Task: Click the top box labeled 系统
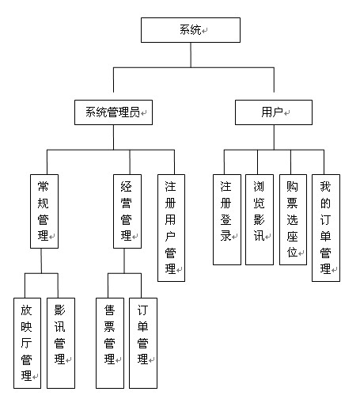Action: click(x=191, y=30)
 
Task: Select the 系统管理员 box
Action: click(x=113, y=112)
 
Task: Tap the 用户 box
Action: click(x=274, y=112)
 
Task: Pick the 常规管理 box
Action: click(x=44, y=211)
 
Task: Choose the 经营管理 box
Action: click(x=127, y=211)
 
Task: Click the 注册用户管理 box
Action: click(x=171, y=228)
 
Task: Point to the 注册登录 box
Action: click(x=227, y=219)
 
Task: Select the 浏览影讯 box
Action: click(x=260, y=219)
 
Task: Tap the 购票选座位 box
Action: click(x=293, y=219)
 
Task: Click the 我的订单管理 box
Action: click(x=326, y=228)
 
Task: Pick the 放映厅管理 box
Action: click(x=27, y=343)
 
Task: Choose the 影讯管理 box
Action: click(x=61, y=343)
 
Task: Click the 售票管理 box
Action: click(x=110, y=343)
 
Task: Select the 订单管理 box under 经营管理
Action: click(x=143, y=343)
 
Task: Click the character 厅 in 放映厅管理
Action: click(x=26, y=343)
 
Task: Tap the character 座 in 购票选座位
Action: click(x=292, y=236)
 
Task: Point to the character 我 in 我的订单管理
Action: click(x=325, y=186)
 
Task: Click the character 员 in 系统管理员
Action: click(x=135, y=112)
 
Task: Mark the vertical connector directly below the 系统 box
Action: click(x=191, y=55)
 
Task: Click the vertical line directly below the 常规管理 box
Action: click(x=41, y=260)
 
